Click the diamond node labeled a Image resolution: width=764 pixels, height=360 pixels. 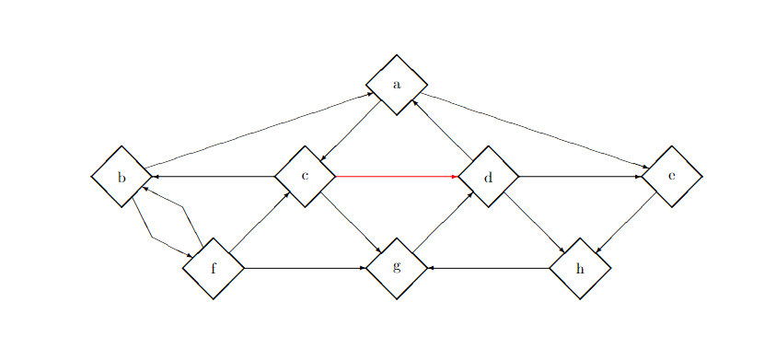coord(397,85)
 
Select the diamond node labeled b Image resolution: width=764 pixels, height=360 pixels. coord(122,176)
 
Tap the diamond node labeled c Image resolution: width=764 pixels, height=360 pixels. coord(305,176)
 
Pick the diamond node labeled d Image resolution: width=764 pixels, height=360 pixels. coord(489,176)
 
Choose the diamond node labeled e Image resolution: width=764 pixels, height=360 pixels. coord(672,176)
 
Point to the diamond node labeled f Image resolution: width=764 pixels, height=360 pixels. coord(213,268)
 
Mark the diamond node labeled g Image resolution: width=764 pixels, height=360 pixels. coord(397,268)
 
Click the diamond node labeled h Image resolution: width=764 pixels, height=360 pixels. coord(580,268)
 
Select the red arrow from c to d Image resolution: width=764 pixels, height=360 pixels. coord(397,176)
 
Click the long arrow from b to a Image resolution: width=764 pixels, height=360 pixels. coord(258,131)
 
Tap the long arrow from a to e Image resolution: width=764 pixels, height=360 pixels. coord(534,130)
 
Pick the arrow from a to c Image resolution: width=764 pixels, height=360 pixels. coord(351,131)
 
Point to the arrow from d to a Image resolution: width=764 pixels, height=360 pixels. coord(443,130)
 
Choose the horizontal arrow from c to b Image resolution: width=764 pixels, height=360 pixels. coord(214,176)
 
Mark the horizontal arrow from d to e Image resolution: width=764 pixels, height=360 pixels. coord(580,176)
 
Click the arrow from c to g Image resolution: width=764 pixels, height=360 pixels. coord(351,222)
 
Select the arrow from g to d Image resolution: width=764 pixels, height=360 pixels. coord(443,222)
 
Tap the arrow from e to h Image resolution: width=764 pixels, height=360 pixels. coord(626,222)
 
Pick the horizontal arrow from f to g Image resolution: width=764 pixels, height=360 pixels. coord(305,268)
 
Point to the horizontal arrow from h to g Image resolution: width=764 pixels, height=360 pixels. coord(489,268)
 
